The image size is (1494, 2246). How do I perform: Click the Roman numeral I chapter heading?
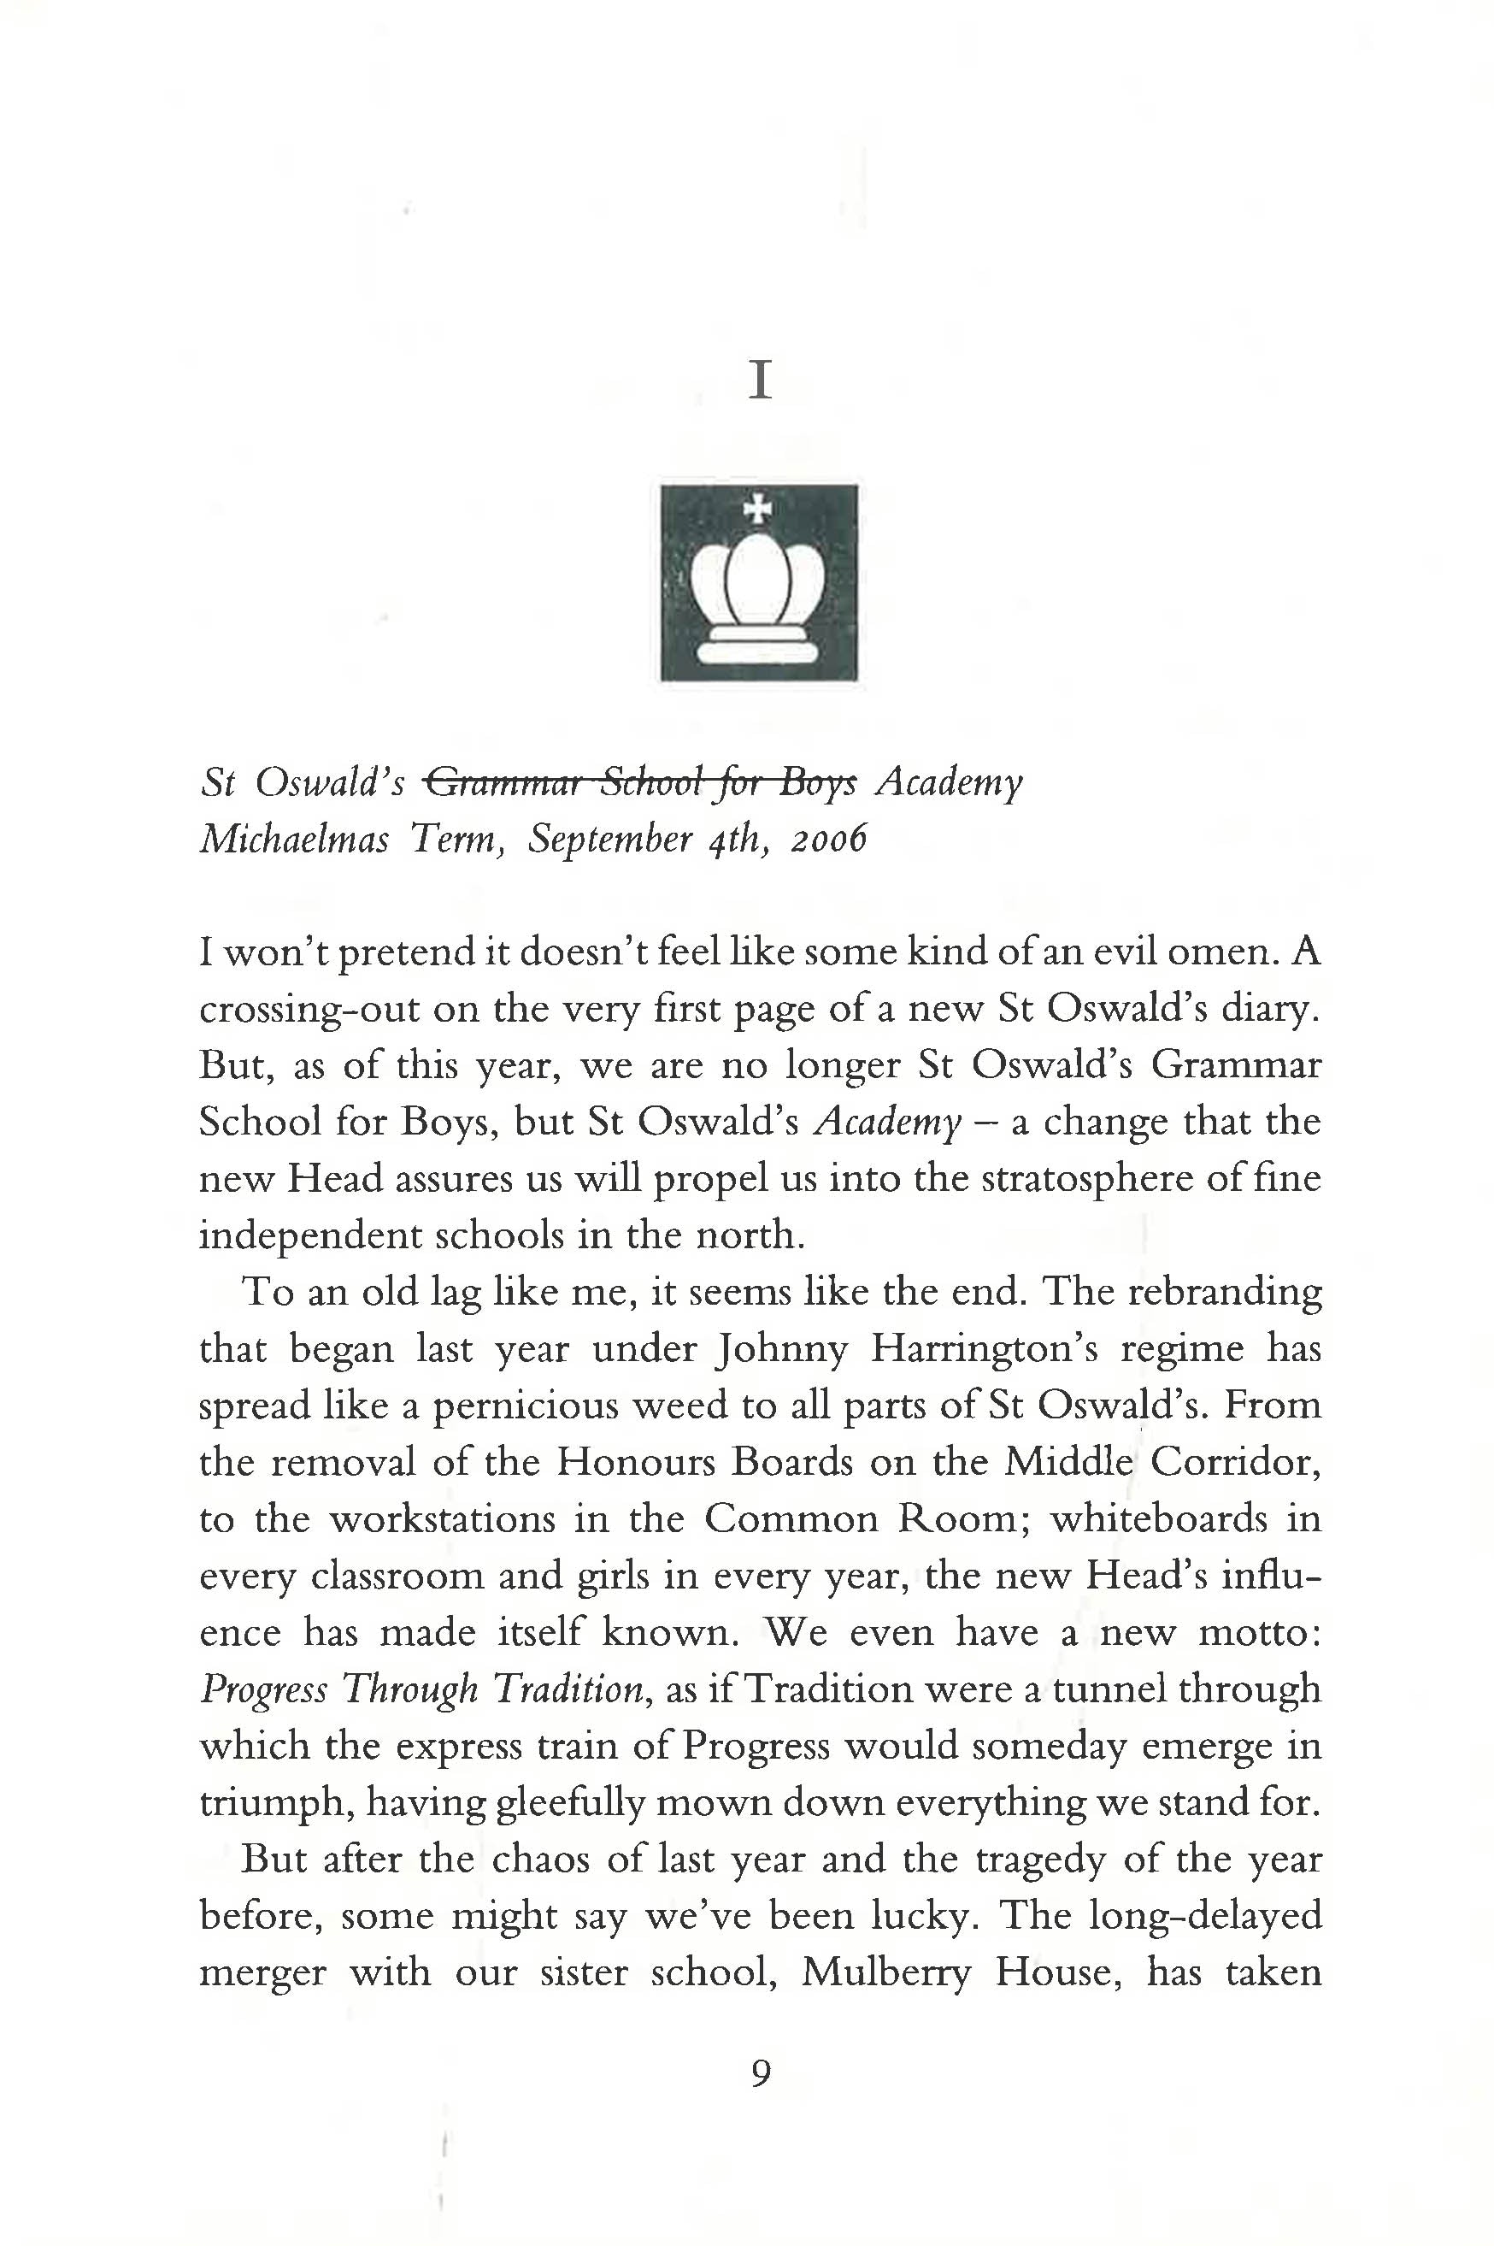759,381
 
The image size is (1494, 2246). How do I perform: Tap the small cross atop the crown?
758,508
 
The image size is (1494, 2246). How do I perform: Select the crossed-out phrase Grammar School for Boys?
639,782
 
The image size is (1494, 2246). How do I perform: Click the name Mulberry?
885,1972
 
